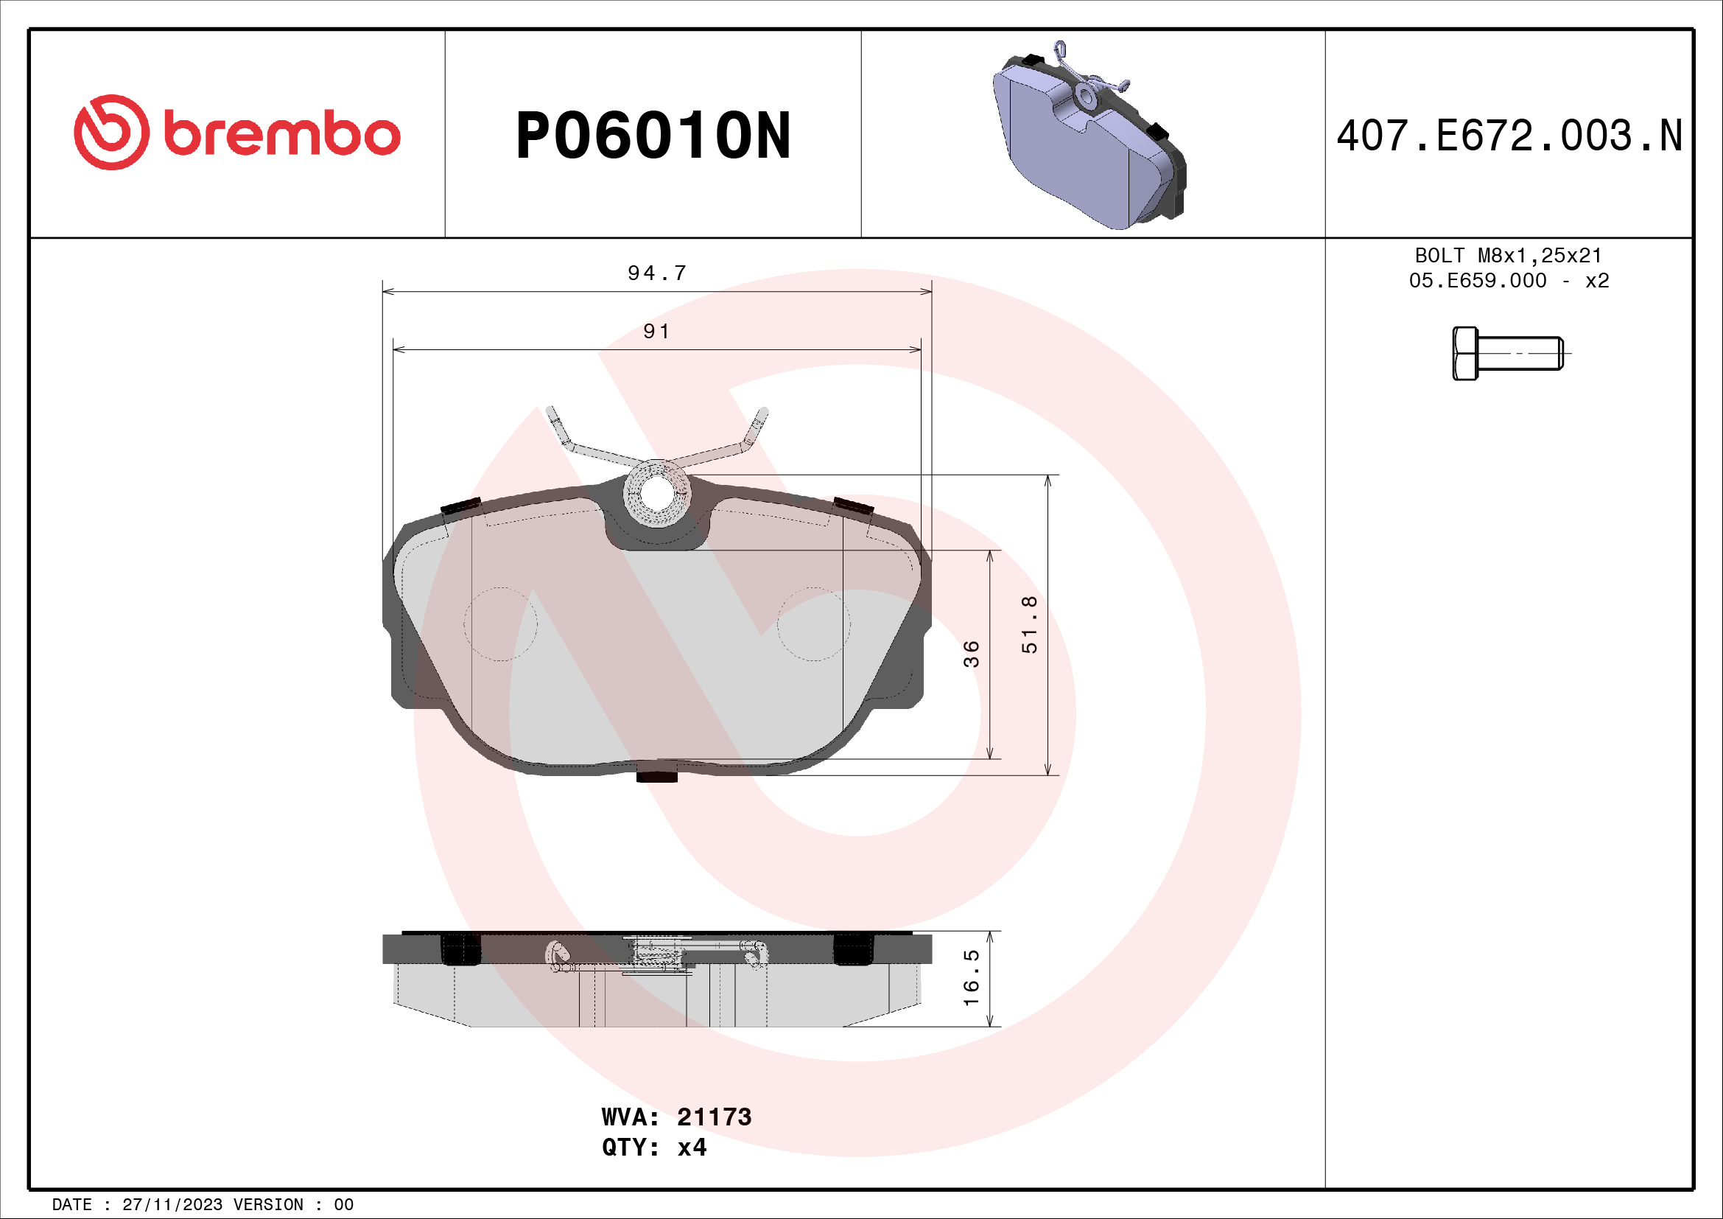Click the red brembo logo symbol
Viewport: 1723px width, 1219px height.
[x=111, y=132]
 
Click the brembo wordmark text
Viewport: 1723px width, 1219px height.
[x=282, y=134]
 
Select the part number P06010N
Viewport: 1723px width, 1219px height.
[x=653, y=136]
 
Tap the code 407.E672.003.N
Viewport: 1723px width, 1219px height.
[x=1509, y=136]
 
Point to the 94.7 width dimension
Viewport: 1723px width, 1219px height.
[x=656, y=273]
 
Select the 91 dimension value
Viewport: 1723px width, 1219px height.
[x=656, y=331]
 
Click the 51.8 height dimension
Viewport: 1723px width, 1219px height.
[x=1030, y=624]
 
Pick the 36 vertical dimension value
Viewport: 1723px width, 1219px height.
[x=971, y=654]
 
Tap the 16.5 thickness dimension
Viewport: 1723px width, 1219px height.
[x=971, y=978]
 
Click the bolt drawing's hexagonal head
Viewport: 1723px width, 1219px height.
[x=1465, y=354]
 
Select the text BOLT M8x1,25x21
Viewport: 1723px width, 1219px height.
[x=1509, y=256]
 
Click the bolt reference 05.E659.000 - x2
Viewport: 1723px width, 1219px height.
[x=1509, y=281]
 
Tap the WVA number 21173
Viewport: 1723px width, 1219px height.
[x=714, y=1117]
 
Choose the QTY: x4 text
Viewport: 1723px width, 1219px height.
[x=653, y=1148]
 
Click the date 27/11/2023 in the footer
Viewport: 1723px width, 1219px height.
[x=172, y=1205]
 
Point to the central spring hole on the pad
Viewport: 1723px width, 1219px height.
[x=656, y=492]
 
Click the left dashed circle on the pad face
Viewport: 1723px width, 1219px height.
[x=500, y=624]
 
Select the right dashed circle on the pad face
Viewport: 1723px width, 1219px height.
[x=813, y=624]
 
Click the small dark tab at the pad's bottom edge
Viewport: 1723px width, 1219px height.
[x=656, y=777]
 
